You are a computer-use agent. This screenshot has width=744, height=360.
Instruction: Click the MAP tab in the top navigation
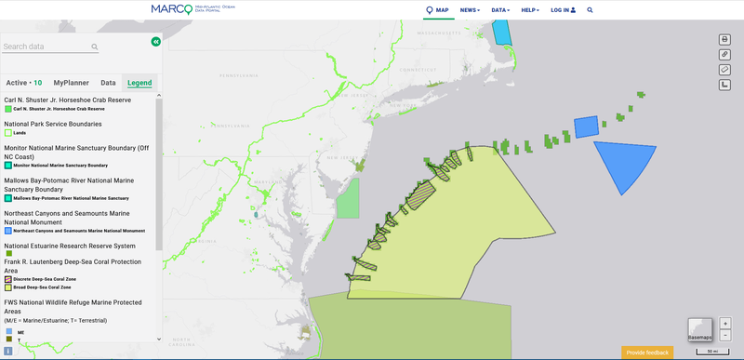pyautogui.click(x=437, y=10)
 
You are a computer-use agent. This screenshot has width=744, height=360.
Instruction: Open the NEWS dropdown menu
pyautogui.click(x=470, y=10)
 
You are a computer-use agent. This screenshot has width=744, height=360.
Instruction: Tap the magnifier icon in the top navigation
pyautogui.click(x=590, y=10)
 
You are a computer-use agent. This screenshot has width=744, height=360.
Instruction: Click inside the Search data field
pyautogui.click(x=46, y=47)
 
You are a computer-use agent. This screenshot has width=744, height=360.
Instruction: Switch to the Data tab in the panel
pyautogui.click(x=108, y=83)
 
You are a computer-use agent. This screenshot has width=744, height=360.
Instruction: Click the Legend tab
pyautogui.click(x=139, y=83)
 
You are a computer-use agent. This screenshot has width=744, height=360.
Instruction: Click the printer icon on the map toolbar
pyautogui.click(x=724, y=39)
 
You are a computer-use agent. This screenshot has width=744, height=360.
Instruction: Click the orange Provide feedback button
pyautogui.click(x=647, y=353)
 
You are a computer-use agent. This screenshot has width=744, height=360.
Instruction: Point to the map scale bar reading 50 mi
pyautogui.click(x=711, y=351)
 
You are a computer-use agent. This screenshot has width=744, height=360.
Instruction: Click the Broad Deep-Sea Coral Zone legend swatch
pyautogui.click(x=8, y=288)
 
